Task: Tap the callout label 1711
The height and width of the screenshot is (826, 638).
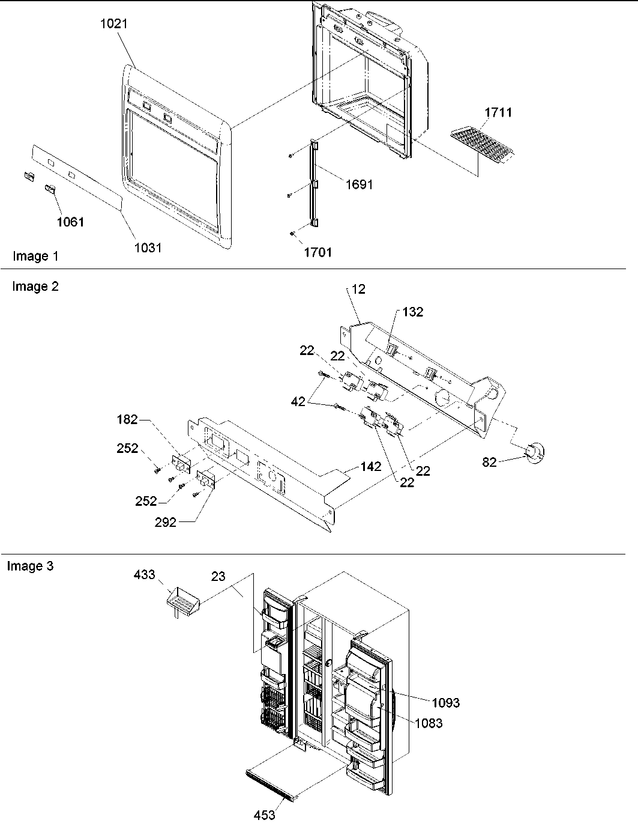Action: point(498,112)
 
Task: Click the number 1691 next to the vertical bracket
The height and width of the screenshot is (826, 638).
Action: point(358,184)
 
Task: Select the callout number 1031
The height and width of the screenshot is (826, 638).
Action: point(148,247)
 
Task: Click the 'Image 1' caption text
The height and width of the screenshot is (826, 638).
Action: point(36,257)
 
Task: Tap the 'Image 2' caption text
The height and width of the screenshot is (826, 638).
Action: point(35,287)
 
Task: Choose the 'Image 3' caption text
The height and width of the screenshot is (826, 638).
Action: point(30,566)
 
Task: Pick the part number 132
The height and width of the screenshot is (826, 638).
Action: point(413,312)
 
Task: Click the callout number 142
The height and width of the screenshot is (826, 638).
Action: point(371,466)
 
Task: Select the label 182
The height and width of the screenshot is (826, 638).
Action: point(127,419)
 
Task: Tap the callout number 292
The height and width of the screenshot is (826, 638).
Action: point(166,522)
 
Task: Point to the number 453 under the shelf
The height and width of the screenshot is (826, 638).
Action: point(264,815)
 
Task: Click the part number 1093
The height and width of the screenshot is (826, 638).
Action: point(445,702)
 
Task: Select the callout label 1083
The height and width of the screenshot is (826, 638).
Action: point(429,723)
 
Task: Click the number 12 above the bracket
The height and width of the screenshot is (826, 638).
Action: point(359,289)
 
